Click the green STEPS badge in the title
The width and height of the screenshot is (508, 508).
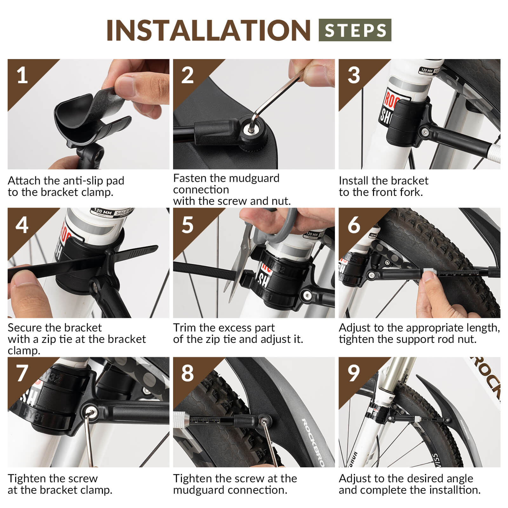tap(355, 30)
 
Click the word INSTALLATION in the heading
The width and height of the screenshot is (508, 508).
tap(208, 30)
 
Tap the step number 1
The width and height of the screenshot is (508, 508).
tap(22, 76)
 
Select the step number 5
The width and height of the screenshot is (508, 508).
tap(187, 225)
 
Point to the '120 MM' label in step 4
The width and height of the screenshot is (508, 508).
tap(103, 211)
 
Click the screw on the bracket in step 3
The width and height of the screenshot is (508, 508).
tap(424, 131)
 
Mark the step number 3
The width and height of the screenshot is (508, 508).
tap(353, 76)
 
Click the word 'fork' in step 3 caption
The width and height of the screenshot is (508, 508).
tap(411, 192)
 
